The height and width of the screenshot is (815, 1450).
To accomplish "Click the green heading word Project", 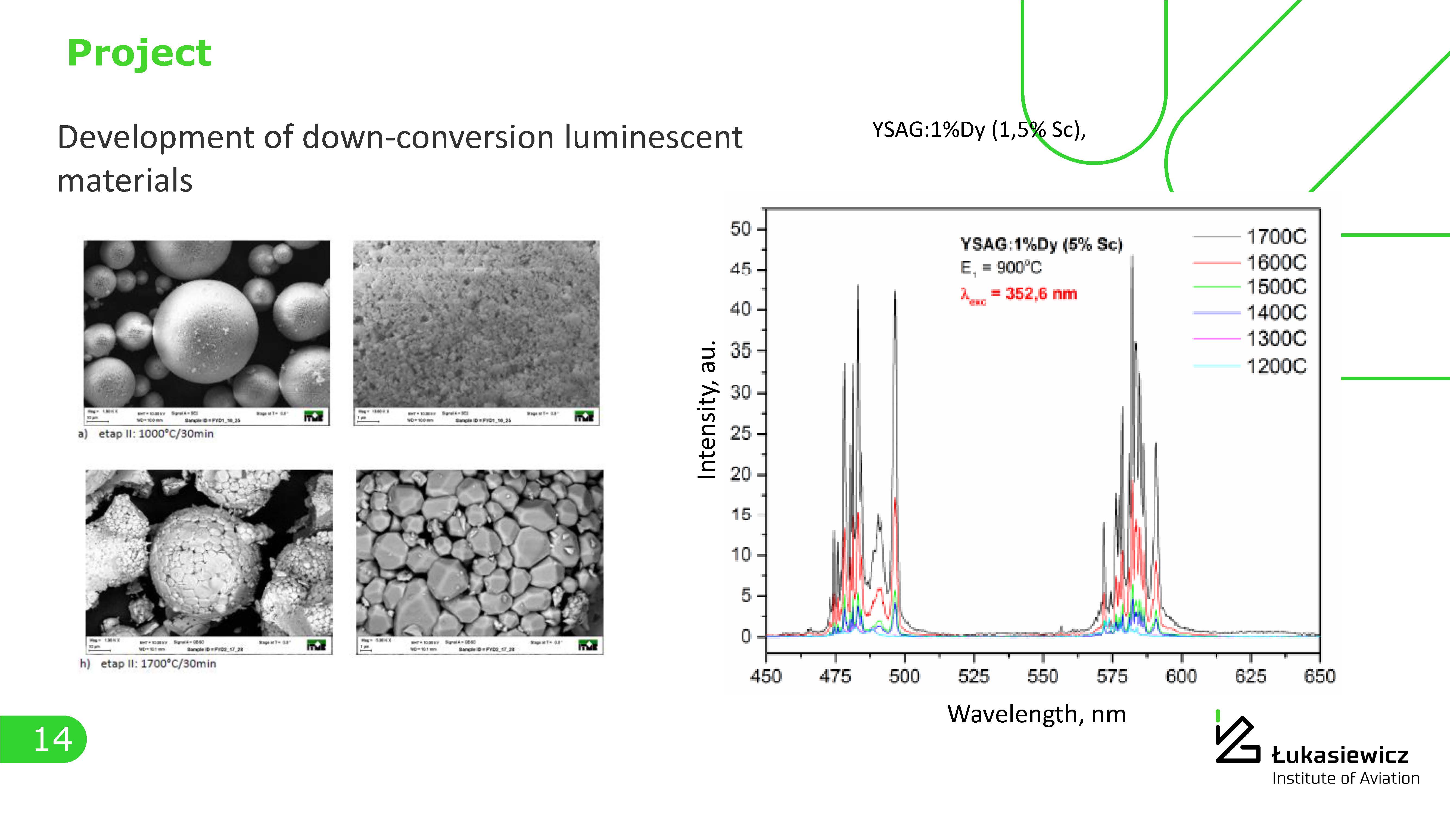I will tap(139, 54).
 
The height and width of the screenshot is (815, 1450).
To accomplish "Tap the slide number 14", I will tap(52, 739).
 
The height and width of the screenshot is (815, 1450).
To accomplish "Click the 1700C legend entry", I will tap(1276, 237).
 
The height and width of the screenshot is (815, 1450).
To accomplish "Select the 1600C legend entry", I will tap(1276, 263).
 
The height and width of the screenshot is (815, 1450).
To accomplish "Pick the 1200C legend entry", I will tap(1276, 366).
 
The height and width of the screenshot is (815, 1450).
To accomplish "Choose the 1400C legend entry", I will tap(1276, 313).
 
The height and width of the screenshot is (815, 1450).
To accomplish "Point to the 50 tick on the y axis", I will tap(741, 229).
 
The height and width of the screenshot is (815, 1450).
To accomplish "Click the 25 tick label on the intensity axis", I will tap(741, 434).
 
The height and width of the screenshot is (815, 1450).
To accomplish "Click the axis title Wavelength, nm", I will tap(1037, 714).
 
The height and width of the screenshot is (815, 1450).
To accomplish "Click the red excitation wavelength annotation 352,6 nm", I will tap(1019, 294).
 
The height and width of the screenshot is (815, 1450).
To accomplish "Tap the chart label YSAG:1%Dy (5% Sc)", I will tap(1041, 244).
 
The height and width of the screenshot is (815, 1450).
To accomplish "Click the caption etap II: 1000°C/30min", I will tap(156, 434).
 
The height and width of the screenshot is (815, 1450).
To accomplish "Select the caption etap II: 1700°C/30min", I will tap(158, 664).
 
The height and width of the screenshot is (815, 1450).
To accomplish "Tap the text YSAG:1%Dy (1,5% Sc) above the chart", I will tap(978, 130).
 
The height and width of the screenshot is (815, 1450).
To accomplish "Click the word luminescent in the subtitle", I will tap(653, 138).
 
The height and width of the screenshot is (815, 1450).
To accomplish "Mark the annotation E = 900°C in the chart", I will tap(1001, 268).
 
